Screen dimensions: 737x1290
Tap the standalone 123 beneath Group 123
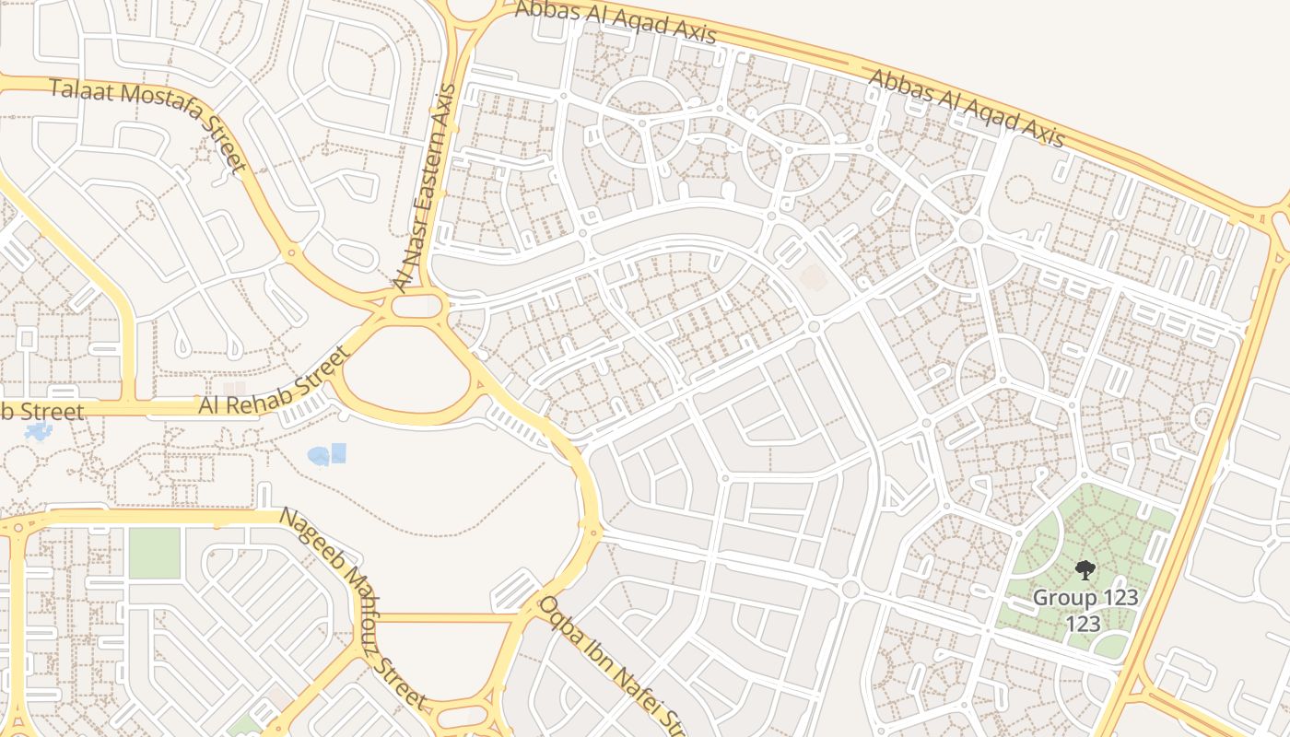(1084, 624)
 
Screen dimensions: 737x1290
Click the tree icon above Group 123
(1085, 570)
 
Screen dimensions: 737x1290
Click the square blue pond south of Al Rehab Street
(338, 452)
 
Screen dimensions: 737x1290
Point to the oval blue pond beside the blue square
(319, 455)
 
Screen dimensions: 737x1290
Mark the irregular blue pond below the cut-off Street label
(39, 431)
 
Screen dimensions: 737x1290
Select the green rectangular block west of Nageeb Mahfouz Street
(154, 553)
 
